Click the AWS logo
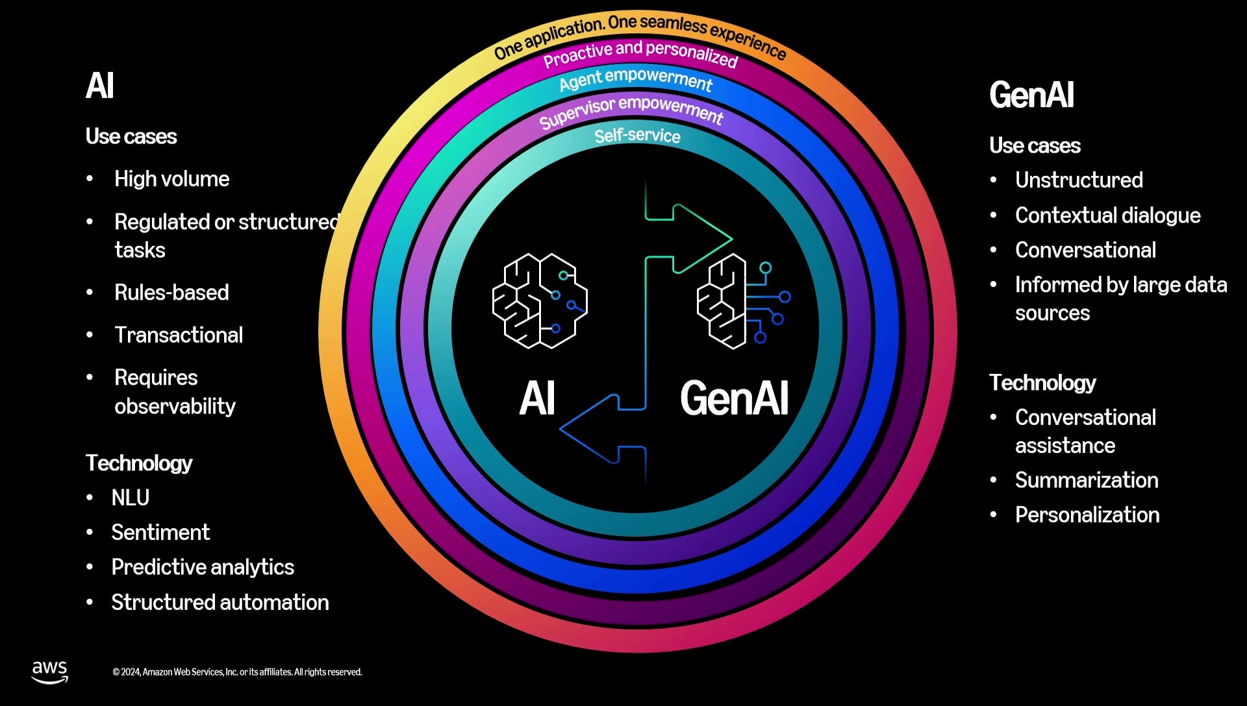50,672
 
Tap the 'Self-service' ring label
637,136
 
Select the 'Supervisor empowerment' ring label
631,112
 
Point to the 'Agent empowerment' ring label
636,80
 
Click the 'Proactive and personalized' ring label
640,54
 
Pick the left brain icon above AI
540,300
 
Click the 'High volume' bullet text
171,179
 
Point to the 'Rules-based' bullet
171,293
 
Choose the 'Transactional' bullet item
179,335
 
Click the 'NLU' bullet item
131,498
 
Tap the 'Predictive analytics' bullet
203,567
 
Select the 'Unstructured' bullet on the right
1079,180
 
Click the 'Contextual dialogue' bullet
1107,215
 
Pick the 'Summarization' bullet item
1087,480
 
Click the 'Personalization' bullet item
1087,515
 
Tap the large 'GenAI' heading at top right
1031,95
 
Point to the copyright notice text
237,672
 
